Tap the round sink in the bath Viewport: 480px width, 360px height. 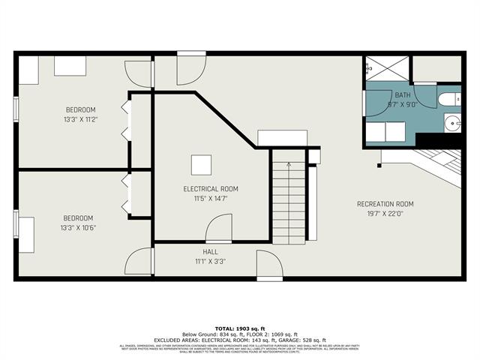point(451,124)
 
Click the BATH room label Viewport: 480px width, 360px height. point(403,94)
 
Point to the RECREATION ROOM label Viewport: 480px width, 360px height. point(385,204)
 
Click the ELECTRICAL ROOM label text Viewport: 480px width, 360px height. point(211,189)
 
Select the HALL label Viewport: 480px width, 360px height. point(210,252)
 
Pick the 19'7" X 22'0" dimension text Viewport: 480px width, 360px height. point(385,214)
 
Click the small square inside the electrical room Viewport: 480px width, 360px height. point(200,164)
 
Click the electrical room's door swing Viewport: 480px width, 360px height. point(217,227)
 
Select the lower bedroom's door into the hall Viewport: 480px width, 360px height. point(141,262)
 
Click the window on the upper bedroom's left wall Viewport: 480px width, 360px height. point(16,108)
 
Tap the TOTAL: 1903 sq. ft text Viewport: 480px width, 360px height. point(240,328)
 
